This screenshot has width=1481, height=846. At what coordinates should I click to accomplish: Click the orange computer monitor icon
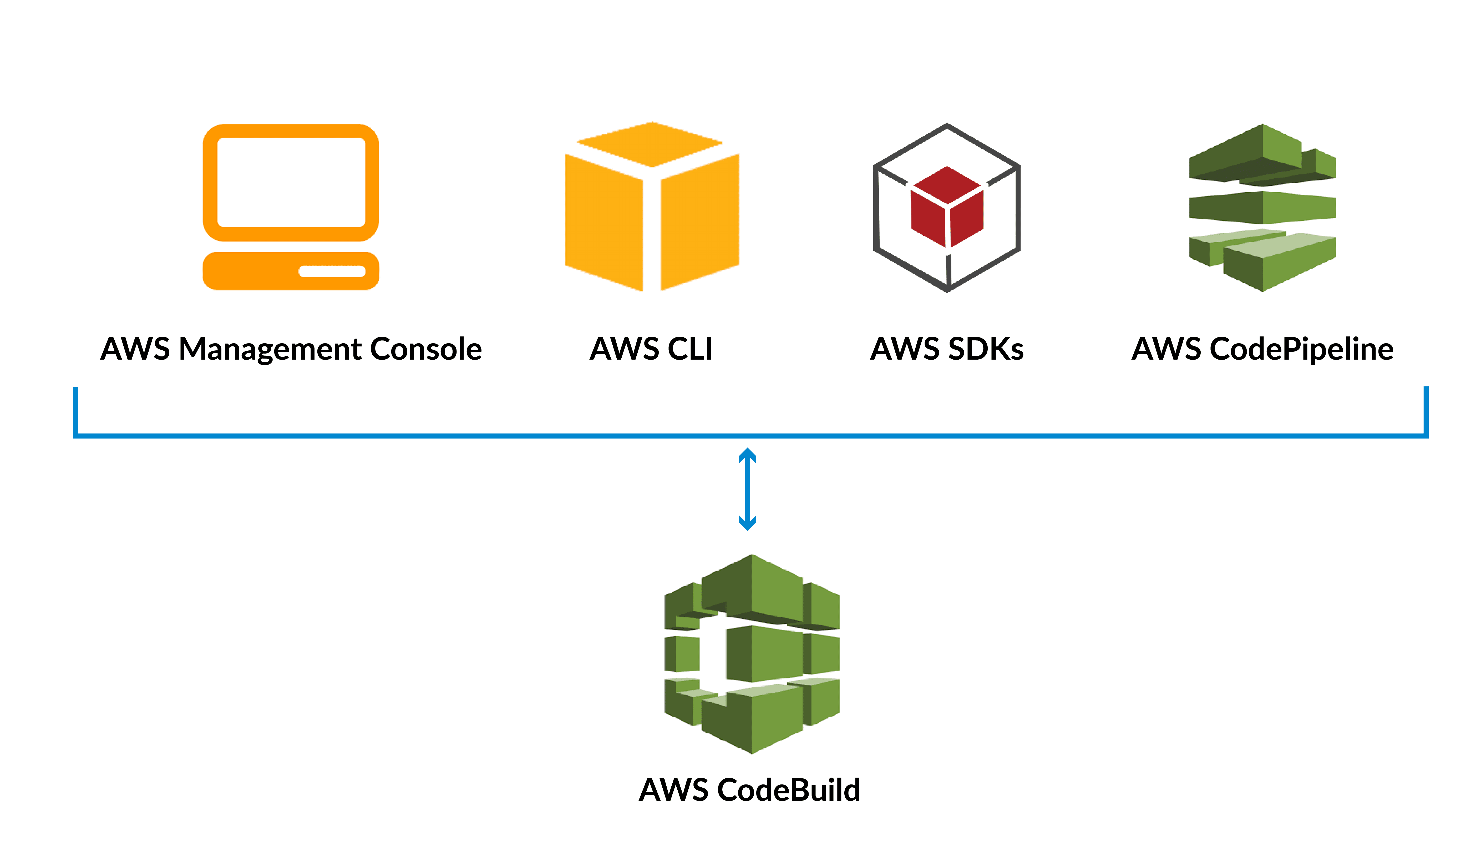tap(290, 206)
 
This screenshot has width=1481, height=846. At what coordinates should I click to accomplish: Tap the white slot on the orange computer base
tap(332, 271)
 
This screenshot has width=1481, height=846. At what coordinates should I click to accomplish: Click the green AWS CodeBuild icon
tap(752, 654)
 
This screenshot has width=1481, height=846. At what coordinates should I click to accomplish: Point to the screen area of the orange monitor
tap(290, 182)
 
